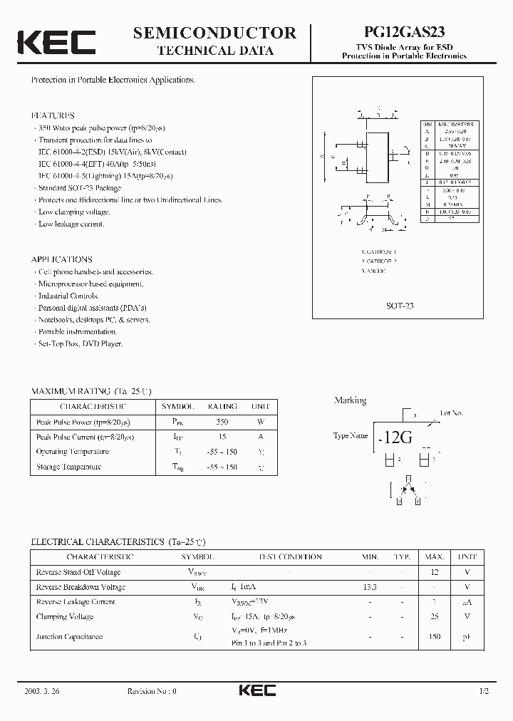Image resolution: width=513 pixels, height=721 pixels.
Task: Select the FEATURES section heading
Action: click(x=53, y=115)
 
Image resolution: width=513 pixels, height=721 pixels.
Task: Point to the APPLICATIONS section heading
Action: click(x=62, y=259)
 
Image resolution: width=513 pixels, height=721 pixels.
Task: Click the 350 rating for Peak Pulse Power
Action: click(x=222, y=421)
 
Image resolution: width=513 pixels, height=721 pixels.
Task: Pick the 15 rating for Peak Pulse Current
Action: click(x=222, y=436)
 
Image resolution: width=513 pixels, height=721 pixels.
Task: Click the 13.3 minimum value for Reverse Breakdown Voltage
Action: click(x=370, y=587)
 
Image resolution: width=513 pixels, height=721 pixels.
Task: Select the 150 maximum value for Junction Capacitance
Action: click(x=435, y=637)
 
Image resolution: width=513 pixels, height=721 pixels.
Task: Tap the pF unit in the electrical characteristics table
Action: click(x=467, y=637)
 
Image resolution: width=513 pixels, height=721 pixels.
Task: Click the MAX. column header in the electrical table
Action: click(x=435, y=556)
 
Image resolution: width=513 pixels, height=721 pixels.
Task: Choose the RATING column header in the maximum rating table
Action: click(x=222, y=406)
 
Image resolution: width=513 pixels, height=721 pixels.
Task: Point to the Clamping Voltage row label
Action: click(x=65, y=616)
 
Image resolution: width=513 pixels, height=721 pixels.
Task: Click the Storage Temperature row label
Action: click(x=68, y=467)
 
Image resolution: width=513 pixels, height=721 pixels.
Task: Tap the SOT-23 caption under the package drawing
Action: click(x=400, y=305)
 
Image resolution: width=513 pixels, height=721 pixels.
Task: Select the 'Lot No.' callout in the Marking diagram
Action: click(x=451, y=413)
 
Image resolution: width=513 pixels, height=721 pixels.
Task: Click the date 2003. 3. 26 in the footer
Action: click(x=42, y=691)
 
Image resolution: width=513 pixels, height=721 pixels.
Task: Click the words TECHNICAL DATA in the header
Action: click(x=214, y=51)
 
